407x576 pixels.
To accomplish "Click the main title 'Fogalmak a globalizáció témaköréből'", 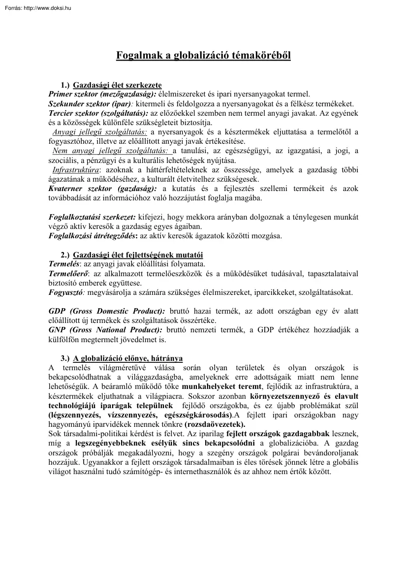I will [x=203, y=55].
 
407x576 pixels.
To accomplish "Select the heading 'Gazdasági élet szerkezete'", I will [x=117, y=85].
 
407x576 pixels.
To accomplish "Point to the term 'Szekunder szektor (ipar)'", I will [x=90, y=104].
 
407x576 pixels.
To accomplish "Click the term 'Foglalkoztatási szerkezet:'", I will [x=92, y=217].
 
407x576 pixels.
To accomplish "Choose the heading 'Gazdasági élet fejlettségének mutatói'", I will [x=138, y=255].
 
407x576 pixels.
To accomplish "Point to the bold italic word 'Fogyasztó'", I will [x=66, y=292].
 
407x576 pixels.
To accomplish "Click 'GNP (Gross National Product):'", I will [x=105, y=330].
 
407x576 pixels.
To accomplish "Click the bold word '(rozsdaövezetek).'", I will [x=215, y=424].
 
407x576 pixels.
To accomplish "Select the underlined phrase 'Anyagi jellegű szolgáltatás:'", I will [x=99, y=132].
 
